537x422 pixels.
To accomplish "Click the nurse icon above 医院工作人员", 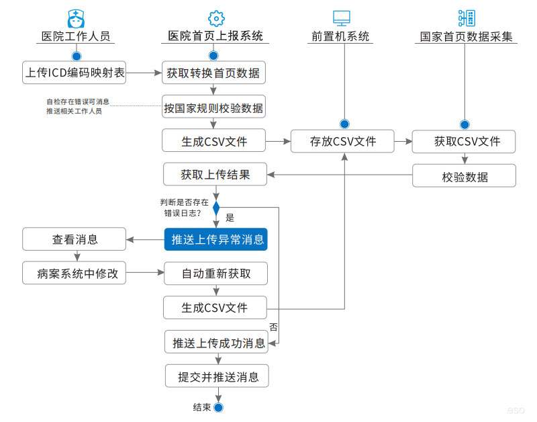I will click(x=76, y=18).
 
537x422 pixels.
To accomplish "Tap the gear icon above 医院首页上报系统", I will click(x=215, y=18).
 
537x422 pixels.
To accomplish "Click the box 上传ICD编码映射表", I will click(x=75, y=73).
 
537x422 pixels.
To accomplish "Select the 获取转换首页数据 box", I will click(x=213, y=73).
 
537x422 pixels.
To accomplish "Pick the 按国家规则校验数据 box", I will click(x=213, y=107).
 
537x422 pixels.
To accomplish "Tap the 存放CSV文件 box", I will click(x=342, y=141).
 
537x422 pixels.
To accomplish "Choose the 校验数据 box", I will click(x=465, y=176).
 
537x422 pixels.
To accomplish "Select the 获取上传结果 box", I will click(x=215, y=175).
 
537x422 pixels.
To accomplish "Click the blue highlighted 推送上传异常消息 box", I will click(x=215, y=239).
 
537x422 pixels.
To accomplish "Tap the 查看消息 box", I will click(x=75, y=239).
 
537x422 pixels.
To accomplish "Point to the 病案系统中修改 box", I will click(x=75, y=273).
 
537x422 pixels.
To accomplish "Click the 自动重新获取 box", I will click(x=215, y=273).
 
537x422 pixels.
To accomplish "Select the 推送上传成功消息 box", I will click(x=217, y=342).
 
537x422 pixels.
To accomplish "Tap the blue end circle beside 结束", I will click(x=217, y=407).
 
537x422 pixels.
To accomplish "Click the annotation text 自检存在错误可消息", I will click(x=77, y=101).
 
